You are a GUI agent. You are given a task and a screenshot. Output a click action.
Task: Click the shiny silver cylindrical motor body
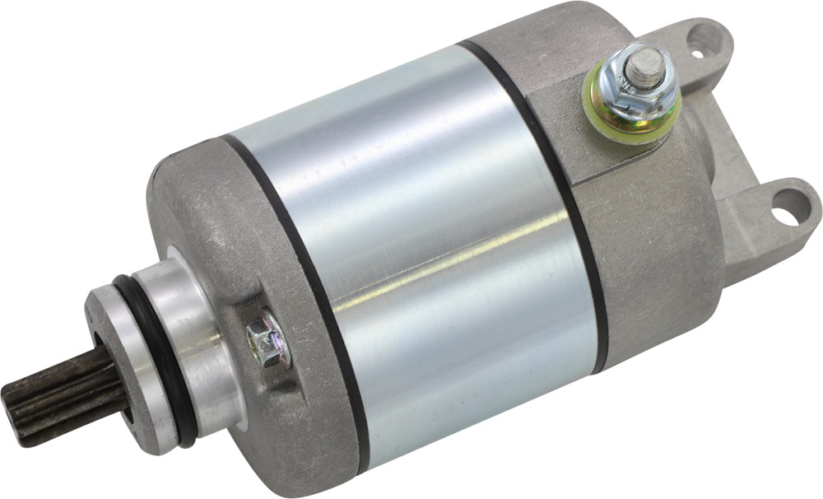pyautogui.click(x=436, y=247)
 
